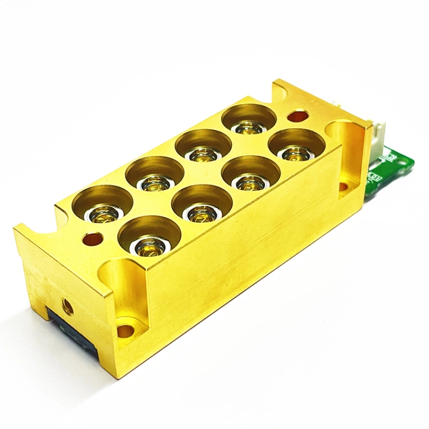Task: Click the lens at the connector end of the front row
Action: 297,154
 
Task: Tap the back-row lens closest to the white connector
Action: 249,128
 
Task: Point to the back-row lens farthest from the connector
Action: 103,214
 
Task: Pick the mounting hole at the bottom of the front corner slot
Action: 124,330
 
